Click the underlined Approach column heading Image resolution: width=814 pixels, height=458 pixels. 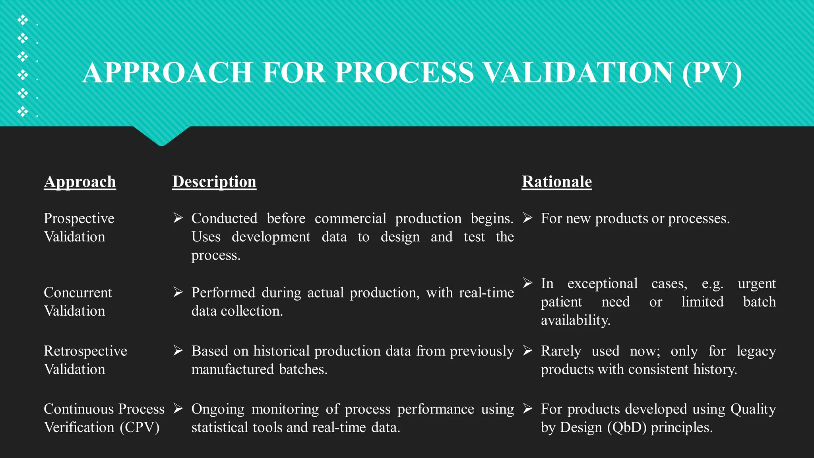click(80, 182)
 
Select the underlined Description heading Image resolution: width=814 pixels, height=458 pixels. click(214, 182)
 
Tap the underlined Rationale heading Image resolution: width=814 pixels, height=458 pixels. click(556, 182)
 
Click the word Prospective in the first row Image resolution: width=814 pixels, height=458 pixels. click(79, 218)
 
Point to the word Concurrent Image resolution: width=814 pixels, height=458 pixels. click(78, 293)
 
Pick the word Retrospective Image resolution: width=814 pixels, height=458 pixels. click(85, 351)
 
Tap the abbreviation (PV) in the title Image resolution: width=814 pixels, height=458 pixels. click(711, 73)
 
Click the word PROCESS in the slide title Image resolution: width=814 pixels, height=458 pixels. click(404, 73)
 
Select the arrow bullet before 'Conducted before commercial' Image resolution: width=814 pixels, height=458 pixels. click(178, 218)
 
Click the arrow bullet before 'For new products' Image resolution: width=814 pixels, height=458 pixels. click(527, 218)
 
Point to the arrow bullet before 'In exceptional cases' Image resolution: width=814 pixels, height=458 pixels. click(527, 283)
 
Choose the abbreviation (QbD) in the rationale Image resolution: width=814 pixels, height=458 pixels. click(627, 427)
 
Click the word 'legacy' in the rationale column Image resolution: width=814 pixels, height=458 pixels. click(756, 351)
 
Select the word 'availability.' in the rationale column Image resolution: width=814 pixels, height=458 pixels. click(576, 320)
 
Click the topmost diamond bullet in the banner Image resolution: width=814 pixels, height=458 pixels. click(23, 19)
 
